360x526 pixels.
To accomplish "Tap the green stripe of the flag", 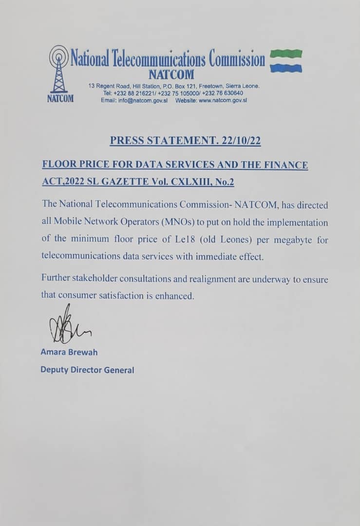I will [286, 53].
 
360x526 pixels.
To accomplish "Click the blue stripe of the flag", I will [286, 68].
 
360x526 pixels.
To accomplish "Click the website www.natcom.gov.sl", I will [222, 100].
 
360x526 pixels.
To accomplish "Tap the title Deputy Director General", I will [87, 370].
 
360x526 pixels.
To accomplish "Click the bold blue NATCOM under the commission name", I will [171, 75].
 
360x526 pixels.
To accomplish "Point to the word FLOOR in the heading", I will [58, 165].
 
